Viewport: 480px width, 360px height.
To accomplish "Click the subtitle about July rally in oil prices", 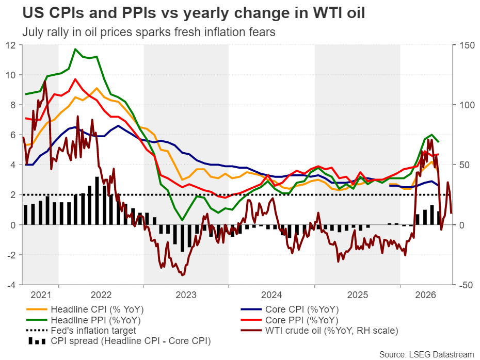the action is tap(149, 32).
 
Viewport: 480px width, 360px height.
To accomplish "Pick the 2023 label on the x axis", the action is tap(186, 295).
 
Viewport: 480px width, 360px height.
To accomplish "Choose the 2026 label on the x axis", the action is tap(425, 295).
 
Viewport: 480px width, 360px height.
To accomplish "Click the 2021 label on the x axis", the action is tap(41, 295).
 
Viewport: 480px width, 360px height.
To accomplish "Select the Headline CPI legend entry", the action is tap(85, 309).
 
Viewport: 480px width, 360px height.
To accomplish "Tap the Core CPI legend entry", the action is tap(290, 309).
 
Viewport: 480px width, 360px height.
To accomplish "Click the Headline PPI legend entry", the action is tap(84, 320).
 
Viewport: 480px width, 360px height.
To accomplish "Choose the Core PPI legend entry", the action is tap(289, 320).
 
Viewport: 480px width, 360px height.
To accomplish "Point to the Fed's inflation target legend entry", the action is tap(81, 331).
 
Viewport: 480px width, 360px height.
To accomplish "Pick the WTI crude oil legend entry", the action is tap(319, 331).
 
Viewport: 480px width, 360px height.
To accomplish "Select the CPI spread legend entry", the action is tap(119, 341).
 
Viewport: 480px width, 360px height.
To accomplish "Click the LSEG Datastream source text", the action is tap(426, 354).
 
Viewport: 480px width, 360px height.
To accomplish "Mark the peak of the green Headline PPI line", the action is tap(75, 49).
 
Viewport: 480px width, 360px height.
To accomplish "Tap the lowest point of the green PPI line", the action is tap(182, 220).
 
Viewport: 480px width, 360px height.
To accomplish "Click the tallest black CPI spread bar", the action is tap(97, 201).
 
